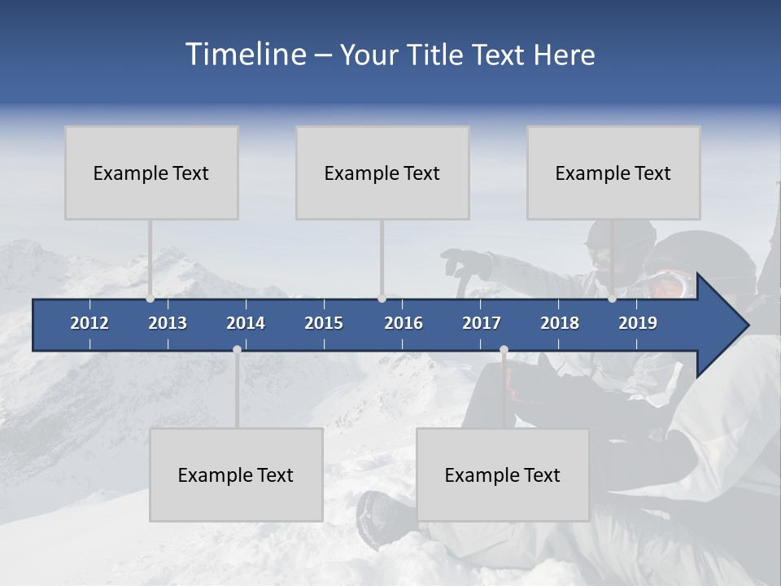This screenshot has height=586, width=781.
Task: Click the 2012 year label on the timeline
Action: click(x=89, y=323)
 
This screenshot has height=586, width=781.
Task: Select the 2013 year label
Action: click(x=168, y=323)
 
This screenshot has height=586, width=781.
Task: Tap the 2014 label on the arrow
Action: click(x=246, y=323)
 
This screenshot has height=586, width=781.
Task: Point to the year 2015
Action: click(x=324, y=323)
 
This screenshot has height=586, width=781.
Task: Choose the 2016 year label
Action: click(x=404, y=323)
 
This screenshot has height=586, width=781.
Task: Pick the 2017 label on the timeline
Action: click(x=482, y=323)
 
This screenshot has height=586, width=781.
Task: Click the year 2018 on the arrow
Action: click(x=560, y=323)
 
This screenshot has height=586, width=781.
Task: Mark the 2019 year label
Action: click(x=638, y=323)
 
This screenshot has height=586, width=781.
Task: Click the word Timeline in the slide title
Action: click(x=245, y=55)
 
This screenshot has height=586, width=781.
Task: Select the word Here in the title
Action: click(x=564, y=55)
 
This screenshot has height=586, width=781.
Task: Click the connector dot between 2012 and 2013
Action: click(x=150, y=299)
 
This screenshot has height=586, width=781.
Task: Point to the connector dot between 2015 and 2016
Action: click(x=382, y=299)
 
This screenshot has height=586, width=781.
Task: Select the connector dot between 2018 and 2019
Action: click(x=612, y=299)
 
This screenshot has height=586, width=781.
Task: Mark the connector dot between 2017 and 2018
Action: click(x=504, y=350)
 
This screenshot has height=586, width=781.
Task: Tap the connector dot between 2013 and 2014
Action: click(x=237, y=350)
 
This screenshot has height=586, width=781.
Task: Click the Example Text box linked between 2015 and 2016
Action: click(x=382, y=173)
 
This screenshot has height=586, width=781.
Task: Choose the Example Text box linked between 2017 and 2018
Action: click(x=503, y=474)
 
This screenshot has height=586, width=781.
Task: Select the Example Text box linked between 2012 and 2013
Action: click(x=151, y=173)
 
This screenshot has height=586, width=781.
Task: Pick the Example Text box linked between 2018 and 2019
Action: click(x=613, y=173)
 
